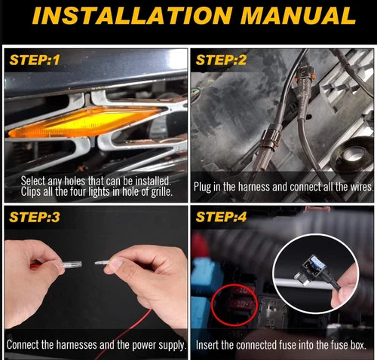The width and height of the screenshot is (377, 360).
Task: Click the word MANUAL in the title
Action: tap(299, 16)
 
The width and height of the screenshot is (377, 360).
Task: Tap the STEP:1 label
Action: tap(35, 60)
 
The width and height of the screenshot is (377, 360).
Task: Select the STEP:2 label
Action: tap(221, 60)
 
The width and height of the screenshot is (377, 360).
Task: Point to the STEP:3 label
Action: tap(35, 217)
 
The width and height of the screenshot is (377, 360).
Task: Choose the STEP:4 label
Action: tap(221, 217)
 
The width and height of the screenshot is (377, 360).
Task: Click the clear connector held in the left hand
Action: tap(72, 264)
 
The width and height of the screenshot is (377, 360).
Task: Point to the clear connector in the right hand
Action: tap(103, 263)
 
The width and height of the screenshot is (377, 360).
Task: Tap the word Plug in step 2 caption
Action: tap(202, 188)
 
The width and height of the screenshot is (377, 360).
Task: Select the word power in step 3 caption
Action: tap(144, 345)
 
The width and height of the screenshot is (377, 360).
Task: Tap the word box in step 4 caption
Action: tap(359, 345)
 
